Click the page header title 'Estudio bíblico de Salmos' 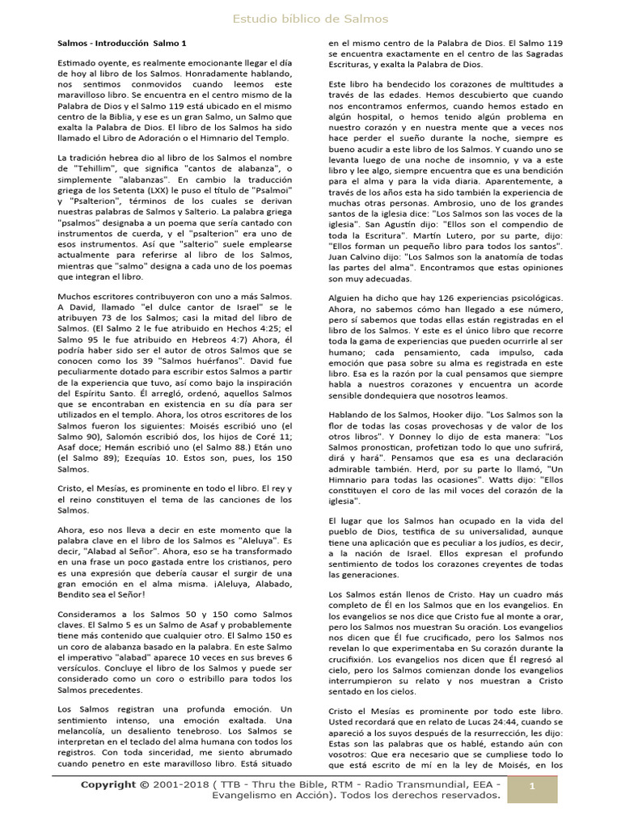tap(310, 19)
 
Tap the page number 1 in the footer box tap(532, 786)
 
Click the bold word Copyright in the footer tap(108, 784)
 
